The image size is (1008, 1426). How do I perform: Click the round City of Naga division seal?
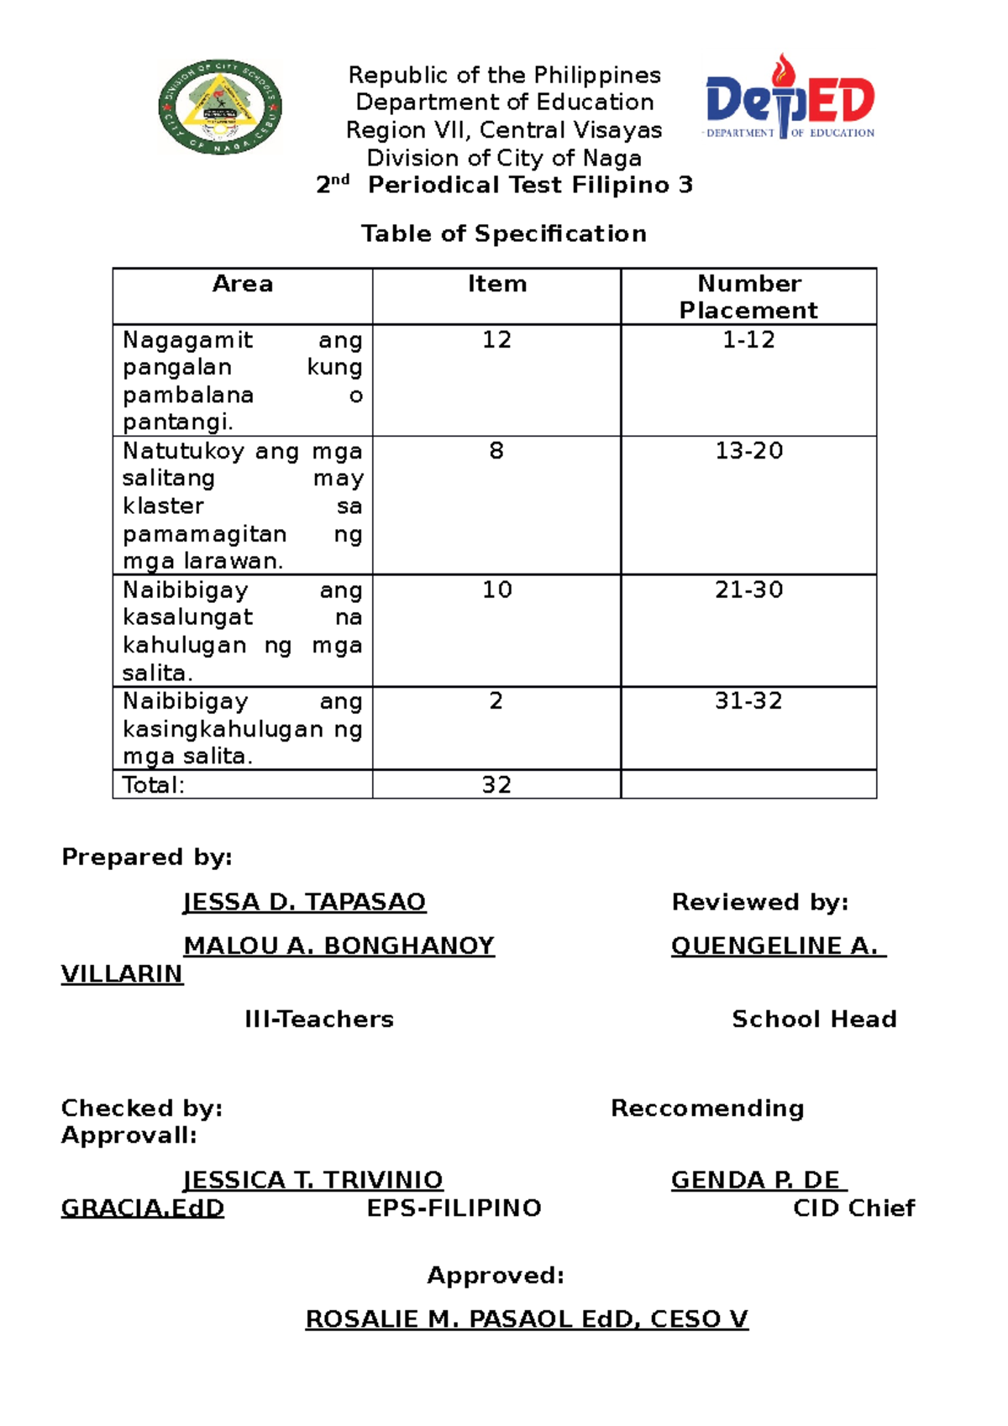[220, 107]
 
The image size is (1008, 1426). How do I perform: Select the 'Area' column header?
[243, 284]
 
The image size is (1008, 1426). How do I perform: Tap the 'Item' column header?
[497, 284]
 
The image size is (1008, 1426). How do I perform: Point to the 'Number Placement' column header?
[748, 296]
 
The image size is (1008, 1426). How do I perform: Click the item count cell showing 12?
[496, 339]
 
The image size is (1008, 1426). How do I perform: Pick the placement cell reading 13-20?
[748, 451]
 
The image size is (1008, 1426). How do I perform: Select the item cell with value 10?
[496, 590]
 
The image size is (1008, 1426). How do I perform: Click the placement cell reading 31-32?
[748, 700]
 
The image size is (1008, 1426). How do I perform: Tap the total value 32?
[496, 784]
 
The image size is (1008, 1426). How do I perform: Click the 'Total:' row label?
[154, 784]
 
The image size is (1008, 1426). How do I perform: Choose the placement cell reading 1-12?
[748, 339]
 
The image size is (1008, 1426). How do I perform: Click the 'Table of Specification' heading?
[504, 233]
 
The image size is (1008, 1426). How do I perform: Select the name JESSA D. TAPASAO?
[304, 902]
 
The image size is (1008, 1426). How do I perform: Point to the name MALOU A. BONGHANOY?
[339, 946]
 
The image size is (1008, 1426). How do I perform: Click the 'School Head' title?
[814, 1019]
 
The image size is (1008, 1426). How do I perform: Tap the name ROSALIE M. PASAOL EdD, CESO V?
[527, 1319]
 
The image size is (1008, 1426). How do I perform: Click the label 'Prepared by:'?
[147, 857]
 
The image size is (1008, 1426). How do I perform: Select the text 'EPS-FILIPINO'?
[454, 1208]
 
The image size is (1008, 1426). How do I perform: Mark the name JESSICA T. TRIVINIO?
[313, 1180]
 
